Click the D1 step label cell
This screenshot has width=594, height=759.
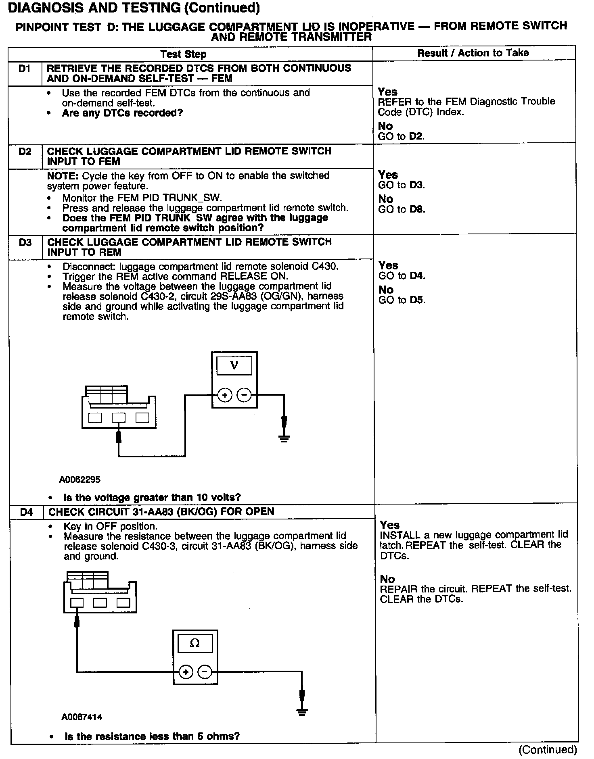pos(25,69)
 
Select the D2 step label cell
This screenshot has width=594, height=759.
pos(25,152)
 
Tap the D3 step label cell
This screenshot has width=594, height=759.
pos(25,243)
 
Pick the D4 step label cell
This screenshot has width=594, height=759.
pos(26,512)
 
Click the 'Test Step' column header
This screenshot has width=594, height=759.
pos(183,54)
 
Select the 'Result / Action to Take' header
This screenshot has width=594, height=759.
pos(473,53)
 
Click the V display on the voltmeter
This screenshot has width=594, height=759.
pos(234,366)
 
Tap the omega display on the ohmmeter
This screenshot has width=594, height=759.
pos(195,644)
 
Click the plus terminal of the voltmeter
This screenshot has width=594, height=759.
pos(225,395)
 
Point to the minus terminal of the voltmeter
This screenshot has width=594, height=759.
pos(244,395)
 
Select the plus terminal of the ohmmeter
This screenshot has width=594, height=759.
pos(186,672)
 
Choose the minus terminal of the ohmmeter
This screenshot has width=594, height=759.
pos(205,672)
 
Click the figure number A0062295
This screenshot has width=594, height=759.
pos(80,480)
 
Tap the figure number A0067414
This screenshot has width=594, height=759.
pos(82,717)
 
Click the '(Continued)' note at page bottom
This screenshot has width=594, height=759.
pos(548,750)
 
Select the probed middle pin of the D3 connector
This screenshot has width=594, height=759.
pos(118,417)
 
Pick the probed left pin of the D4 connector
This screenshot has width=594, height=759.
pos(77,603)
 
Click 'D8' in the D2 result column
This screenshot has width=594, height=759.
pos(417,210)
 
